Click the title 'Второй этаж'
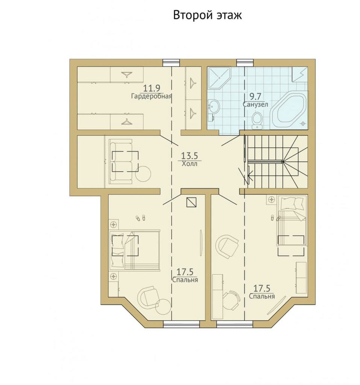click(x=207, y=15)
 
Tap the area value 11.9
click(x=152, y=88)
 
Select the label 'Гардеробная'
click(x=151, y=96)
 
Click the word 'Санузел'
click(x=255, y=105)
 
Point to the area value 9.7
click(x=255, y=96)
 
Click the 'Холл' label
click(x=190, y=164)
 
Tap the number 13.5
click(x=190, y=156)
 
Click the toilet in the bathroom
click(x=257, y=121)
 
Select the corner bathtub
click(x=289, y=110)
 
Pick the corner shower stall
click(x=219, y=77)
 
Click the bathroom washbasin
click(x=213, y=107)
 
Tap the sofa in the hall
click(x=121, y=161)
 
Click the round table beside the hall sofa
click(x=143, y=174)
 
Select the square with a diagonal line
click(x=191, y=202)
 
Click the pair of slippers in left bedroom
click(x=140, y=218)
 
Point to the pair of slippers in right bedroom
click(x=275, y=218)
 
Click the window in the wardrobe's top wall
click(x=171, y=63)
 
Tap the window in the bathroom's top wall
click(x=245, y=63)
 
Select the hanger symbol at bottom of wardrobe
click(x=127, y=121)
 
